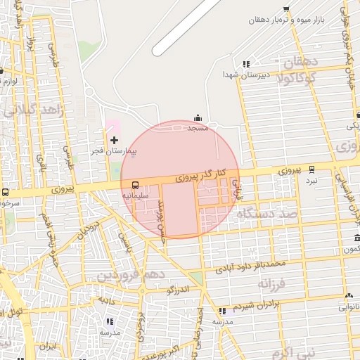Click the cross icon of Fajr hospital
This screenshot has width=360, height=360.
click(115, 140)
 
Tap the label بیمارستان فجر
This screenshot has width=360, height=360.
click(117, 151)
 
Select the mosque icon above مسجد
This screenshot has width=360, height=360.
click(198, 118)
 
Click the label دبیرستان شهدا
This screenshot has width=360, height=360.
click(243, 74)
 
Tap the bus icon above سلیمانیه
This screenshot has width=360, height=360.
click(135, 185)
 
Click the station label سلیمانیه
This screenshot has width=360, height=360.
click(136, 195)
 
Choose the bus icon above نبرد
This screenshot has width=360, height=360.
click(311, 170)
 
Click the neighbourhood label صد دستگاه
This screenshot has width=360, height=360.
click(267, 214)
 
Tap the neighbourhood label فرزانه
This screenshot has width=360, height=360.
click(274, 284)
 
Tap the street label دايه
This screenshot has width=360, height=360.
click(106, 300)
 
